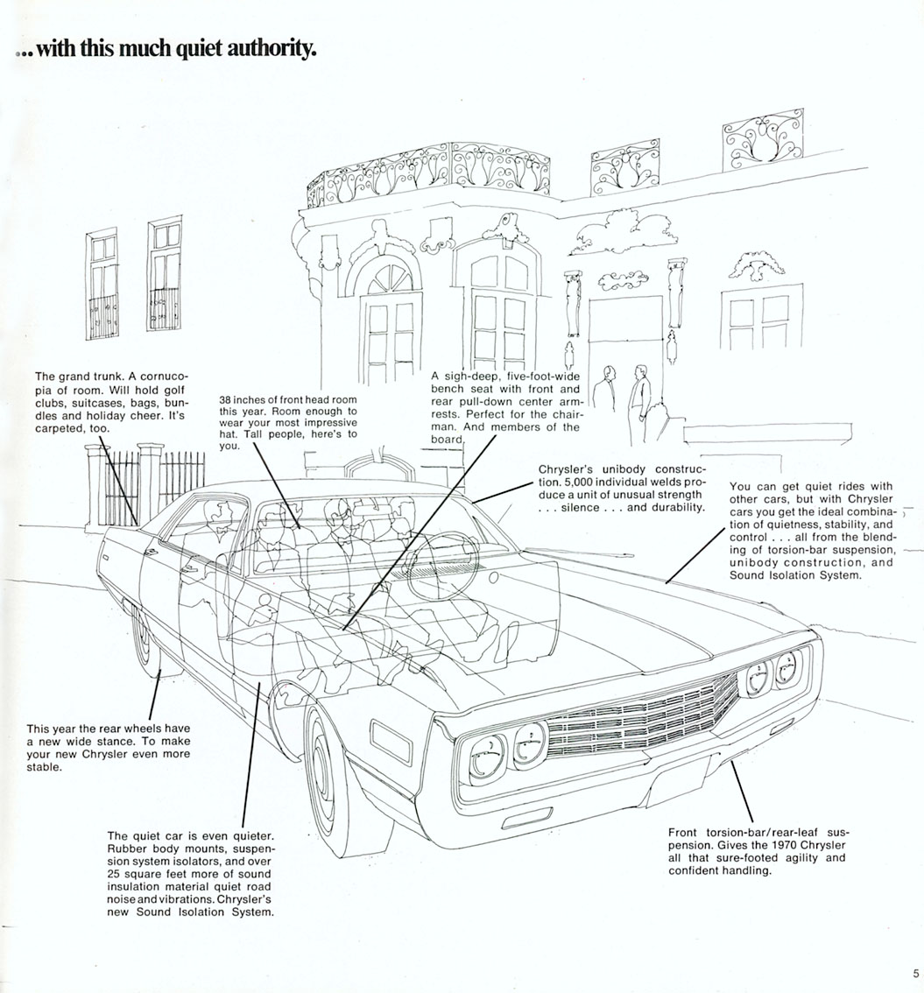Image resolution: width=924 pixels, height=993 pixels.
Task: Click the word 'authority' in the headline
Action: pos(270,49)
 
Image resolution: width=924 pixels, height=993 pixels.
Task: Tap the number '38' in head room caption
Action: pos(227,399)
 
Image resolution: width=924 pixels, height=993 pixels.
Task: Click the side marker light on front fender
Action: pos(391,741)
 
